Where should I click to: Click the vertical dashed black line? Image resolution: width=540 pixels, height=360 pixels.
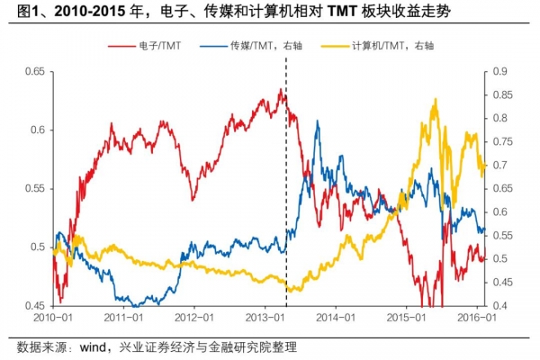click(286, 180)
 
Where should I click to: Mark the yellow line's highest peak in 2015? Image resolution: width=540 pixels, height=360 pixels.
click(436, 100)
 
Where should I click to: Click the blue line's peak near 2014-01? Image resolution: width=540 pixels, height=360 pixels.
click(317, 121)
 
